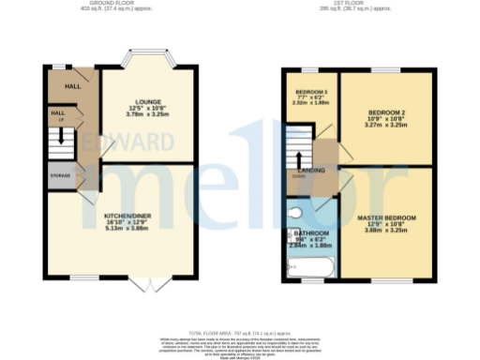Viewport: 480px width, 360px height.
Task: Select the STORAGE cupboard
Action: (60, 175)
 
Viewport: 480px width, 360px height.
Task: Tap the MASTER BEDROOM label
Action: (386, 217)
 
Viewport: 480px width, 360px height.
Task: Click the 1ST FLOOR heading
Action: (356, 4)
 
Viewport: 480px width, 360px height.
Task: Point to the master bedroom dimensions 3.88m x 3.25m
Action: (386, 230)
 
